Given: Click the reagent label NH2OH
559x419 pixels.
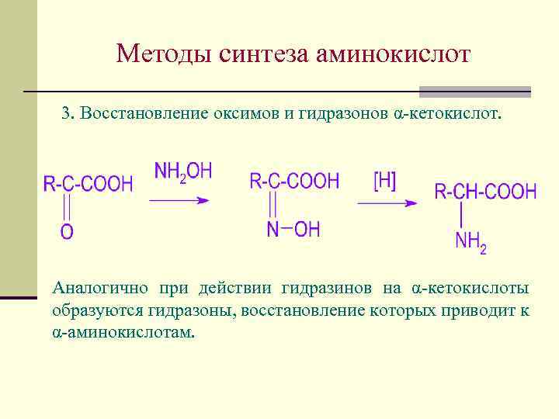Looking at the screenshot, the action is pos(183,171).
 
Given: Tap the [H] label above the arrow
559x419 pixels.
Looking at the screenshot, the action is pos(384,181).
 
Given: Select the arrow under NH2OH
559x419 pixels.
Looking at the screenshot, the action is pos(180,200).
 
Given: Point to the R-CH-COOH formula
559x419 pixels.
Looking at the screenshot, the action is pos(485,192).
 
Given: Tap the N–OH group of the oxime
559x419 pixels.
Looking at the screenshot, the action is pos(293,229).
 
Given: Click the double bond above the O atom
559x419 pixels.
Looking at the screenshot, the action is pos(68,207).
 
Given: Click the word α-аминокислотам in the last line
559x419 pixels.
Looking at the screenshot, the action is pos(124,332).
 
